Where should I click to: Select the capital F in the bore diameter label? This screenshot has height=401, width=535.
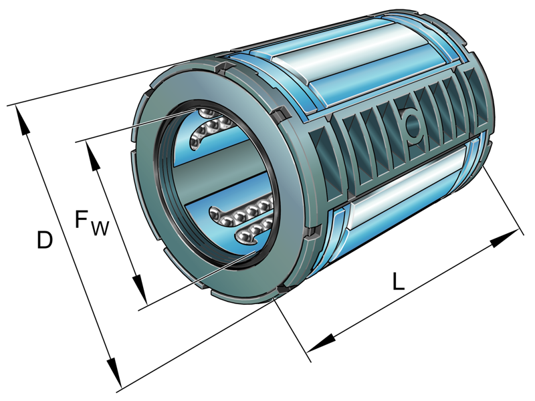[x=81, y=218]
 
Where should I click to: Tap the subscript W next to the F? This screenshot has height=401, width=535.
[x=99, y=229]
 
